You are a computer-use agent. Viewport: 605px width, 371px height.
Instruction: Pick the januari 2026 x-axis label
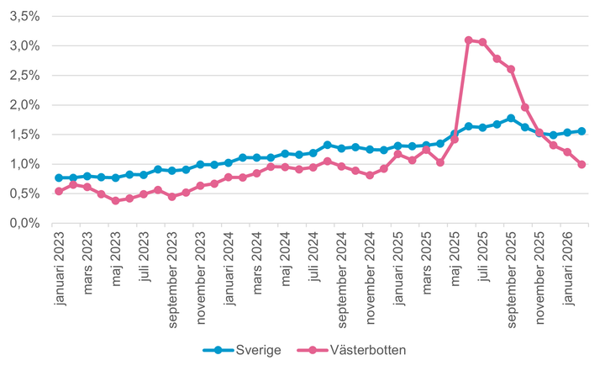click(567, 270)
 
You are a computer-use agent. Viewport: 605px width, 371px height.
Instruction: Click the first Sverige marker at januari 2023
click(59, 178)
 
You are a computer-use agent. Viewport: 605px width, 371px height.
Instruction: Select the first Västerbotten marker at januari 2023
click(59, 191)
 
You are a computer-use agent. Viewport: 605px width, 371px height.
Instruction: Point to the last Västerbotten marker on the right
click(581, 165)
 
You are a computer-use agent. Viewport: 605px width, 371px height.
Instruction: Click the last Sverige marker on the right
click(581, 131)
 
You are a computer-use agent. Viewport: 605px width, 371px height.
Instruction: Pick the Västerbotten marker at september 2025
click(511, 69)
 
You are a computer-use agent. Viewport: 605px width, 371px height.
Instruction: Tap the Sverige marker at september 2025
click(511, 118)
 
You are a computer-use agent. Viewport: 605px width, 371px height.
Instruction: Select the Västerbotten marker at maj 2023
click(115, 201)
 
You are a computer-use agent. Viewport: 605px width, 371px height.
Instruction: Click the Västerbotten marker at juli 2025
click(483, 42)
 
